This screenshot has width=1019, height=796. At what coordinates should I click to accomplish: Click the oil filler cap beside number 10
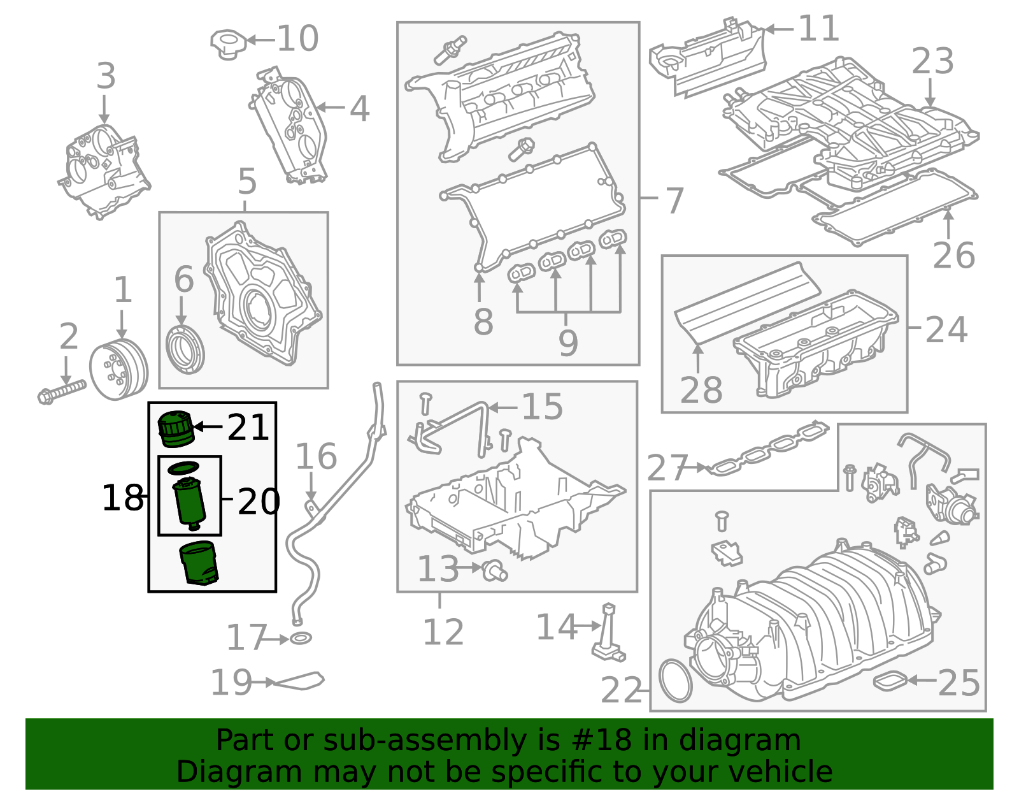tap(228, 45)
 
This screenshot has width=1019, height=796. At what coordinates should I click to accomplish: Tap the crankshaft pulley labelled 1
tap(118, 370)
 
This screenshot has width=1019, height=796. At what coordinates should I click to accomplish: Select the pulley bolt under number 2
tap(61, 392)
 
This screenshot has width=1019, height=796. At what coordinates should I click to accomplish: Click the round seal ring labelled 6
tap(186, 349)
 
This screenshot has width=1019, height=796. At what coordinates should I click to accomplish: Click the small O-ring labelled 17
tap(301, 639)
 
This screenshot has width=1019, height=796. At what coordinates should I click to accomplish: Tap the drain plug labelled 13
tap(495, 570)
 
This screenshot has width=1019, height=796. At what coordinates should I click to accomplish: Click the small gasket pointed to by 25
tap(890, 681)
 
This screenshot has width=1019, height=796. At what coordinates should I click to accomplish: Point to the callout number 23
tap(933, 61)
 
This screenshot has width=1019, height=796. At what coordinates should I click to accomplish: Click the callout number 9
tap(568, 343)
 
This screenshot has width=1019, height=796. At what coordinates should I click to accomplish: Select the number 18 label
tap(122, 497)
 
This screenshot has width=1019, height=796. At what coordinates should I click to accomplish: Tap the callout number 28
tap(701, 390)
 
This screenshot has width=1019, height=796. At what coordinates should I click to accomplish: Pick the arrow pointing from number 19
tap(264, 682)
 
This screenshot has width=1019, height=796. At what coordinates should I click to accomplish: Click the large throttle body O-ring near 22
tap(676, 681)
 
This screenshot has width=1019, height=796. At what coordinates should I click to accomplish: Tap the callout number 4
tap(360, 109)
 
